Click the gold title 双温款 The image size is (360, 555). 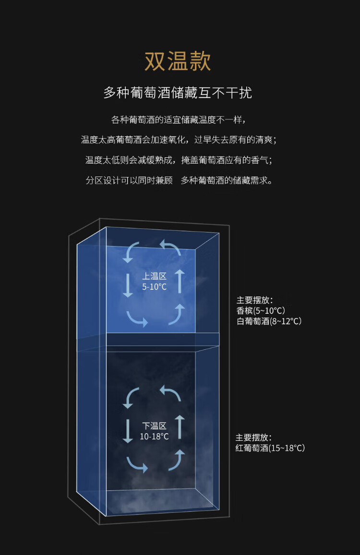point(178,61)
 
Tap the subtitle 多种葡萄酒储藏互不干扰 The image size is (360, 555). point(178,93)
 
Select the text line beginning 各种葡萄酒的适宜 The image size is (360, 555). point(178,120)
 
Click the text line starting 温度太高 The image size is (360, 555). point(178,140)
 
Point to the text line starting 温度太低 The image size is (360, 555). point(179,160)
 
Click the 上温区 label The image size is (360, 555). point(154,276)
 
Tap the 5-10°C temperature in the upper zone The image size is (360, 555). point(154,287)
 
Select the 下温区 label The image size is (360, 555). point(154,426)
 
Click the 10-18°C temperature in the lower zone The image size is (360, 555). point(154,437)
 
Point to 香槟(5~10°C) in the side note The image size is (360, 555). point(261,311)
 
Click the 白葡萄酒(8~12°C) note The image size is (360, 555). point(269,321)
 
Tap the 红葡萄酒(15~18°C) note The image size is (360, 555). point(270,448)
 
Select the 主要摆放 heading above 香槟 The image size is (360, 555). point(254,300)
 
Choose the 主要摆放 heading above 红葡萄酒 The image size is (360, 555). point(253,437)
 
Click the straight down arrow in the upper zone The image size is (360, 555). point(128,285)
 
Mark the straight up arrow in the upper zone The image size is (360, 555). point(180,282)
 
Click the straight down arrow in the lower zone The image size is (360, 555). point(128,431)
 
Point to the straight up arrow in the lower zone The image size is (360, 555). point(180,427)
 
